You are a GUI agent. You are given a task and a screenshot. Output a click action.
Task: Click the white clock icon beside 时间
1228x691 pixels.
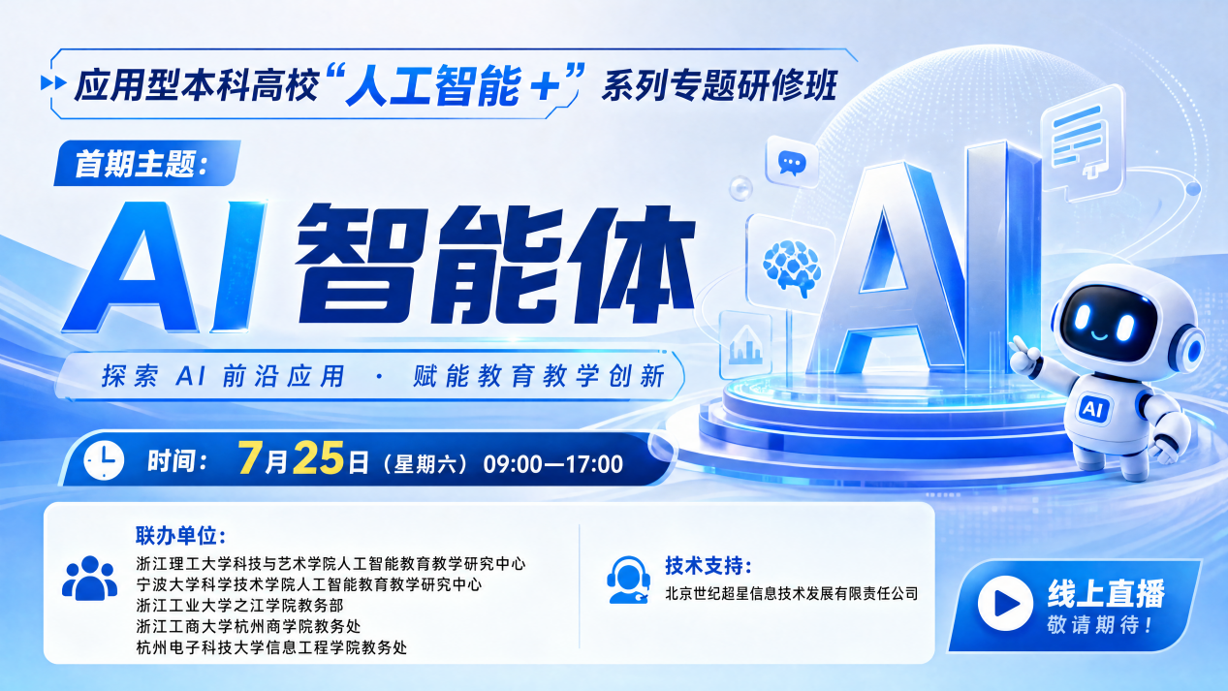click(x=104, y=460)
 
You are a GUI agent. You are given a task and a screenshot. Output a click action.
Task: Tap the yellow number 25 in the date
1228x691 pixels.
click(x=319, y=458)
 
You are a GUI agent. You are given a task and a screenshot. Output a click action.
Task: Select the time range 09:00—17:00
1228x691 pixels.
click(x=552, y=464)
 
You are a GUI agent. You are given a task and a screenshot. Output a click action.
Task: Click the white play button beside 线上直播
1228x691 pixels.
click(x=1005, y=603)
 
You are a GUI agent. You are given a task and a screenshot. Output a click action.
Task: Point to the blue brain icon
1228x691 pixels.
click(x=793, y=267)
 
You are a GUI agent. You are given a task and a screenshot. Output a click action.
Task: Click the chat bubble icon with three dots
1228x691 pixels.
click(x=792, y=163)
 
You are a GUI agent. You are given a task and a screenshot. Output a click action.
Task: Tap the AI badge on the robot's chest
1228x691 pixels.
click(x=1093, y=409)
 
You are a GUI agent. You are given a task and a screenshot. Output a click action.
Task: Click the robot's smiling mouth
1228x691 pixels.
click(x=1099, y=334)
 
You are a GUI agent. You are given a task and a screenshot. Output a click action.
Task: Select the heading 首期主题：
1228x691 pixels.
click(x=142, y=164)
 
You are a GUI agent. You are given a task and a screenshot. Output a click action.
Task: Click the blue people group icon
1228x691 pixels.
click(x=89, y=579)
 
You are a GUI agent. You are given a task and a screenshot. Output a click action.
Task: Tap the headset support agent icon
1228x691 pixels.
click(x=628, y=581)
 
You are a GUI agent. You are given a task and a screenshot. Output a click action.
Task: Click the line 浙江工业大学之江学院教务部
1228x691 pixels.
click(x=239, y=606)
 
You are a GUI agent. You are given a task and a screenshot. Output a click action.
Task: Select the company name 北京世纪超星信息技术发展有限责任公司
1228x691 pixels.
click(x=792, y=593)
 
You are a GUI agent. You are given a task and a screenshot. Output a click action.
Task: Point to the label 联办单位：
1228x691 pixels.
click(x=181, y=535)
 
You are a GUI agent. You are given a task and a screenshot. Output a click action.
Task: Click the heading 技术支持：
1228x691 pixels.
click(x=708, y=565)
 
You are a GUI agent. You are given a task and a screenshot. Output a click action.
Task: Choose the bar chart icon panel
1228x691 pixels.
click(x=745, y=345)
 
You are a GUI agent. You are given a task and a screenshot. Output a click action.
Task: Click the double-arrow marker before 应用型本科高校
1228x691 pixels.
click(x=53, y=83)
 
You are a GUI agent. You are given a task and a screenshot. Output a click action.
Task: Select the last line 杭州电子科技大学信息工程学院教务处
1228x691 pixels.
click(x=271, y=647)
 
